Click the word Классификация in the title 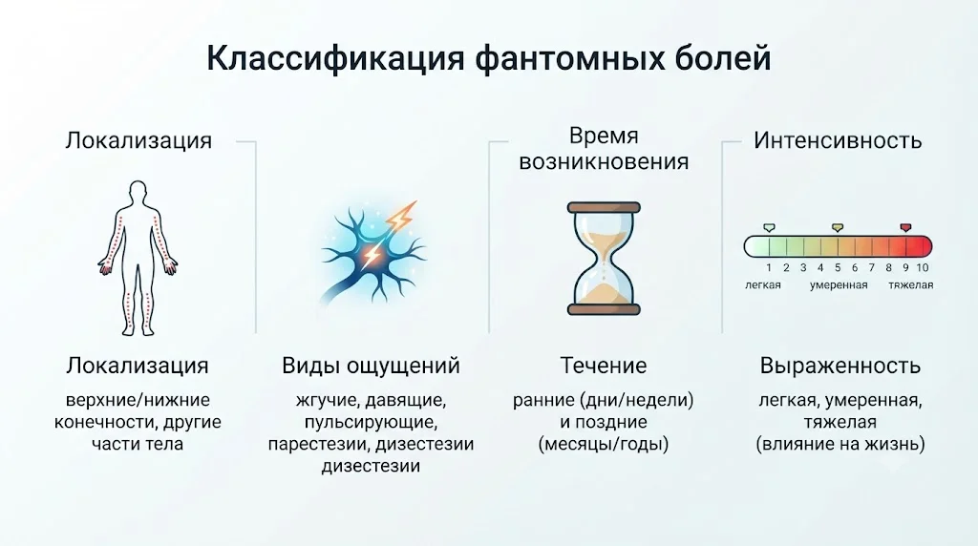click(335, 58)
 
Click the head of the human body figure click(138, 191)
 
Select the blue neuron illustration click(373, 252)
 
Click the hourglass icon click(604, 258)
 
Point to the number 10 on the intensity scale click(923, 268)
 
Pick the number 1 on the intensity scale click(769, 268)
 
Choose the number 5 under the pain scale click(838, 268)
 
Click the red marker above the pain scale click(905, 228)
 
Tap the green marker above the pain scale click(769, 228)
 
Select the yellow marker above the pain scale click(838, 228)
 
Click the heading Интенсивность click(838, 141)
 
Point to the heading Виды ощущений click(371, 366)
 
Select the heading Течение click(604, 366)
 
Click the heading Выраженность click(840, 366)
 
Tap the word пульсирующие click(371, 423)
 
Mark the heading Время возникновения click(604, 149)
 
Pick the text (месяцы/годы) click(604, 445)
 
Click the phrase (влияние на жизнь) click(840, 445)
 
